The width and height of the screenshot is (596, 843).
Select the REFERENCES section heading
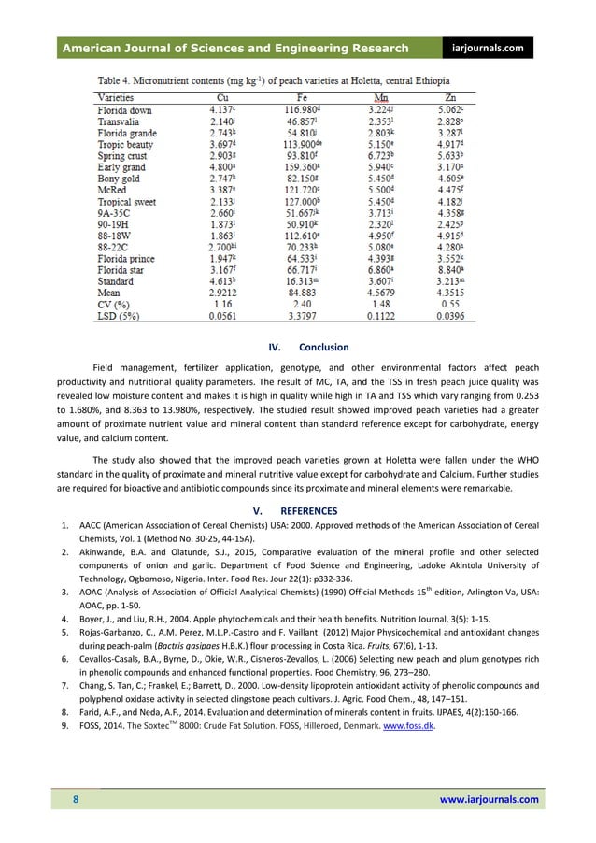303,511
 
